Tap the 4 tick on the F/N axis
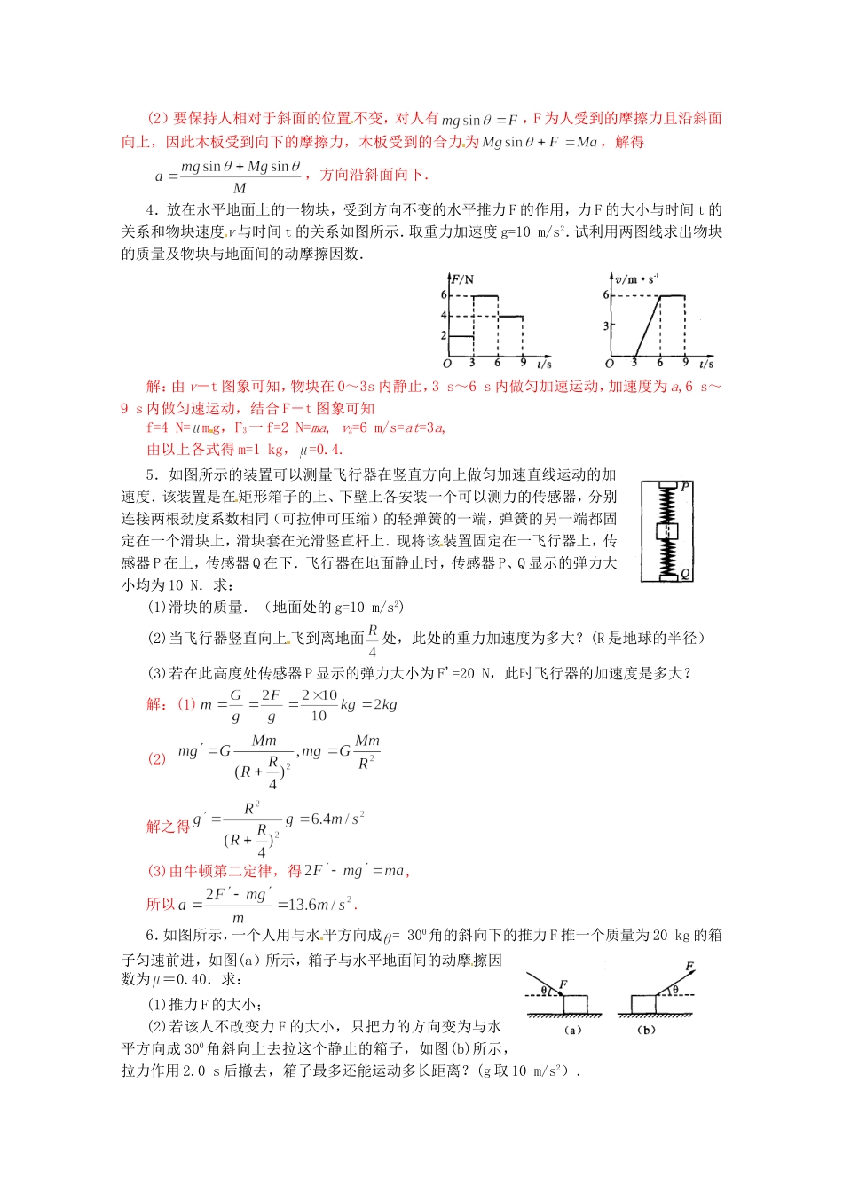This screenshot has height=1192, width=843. click(445, 316)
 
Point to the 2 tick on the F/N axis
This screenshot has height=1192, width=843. click(445, 336)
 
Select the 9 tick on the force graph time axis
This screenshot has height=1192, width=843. click(523, 363)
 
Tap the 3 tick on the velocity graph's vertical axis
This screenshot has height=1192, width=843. click(607, 326)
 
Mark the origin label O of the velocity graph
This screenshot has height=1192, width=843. click(610, 364)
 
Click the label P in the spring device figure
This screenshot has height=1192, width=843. click(685, 487)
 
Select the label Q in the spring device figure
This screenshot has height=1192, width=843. click(685, 575)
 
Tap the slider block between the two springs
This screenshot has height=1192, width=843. click(666, 531)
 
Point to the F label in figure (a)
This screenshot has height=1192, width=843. click(563, 985)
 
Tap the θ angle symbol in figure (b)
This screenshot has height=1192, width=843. click(674, 990)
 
